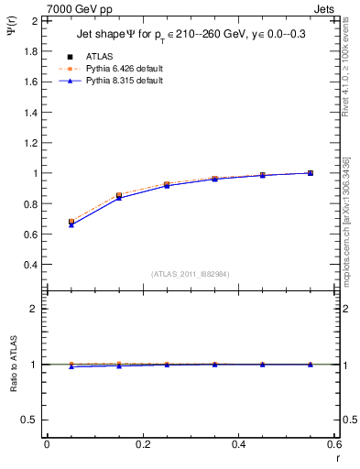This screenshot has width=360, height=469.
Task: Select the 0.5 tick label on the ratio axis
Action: coord(31,420)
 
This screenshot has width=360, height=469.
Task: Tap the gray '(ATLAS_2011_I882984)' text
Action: coord(191,274)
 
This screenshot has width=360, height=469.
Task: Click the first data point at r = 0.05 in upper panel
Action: coord(71,222)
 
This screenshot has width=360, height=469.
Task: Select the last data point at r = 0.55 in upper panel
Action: coord(311,173)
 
